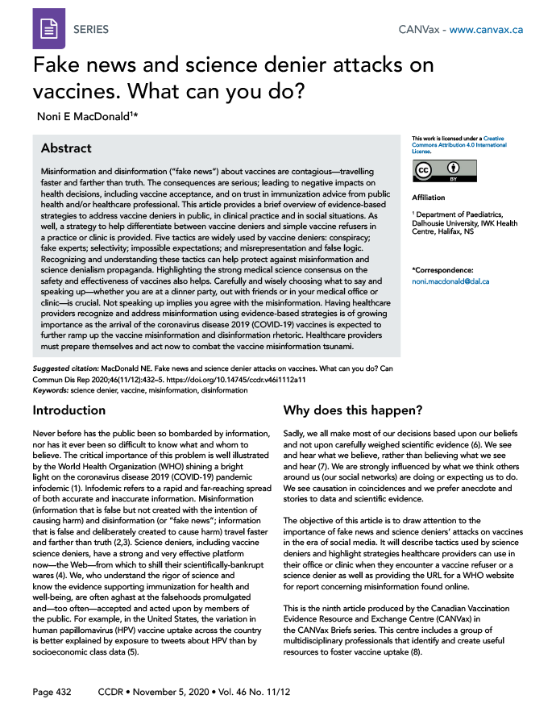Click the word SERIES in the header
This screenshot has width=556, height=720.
(x=91, y=30)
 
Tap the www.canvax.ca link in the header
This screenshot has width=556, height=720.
(x=487, y=30)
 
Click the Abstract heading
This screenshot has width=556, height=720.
(x=66, y=149)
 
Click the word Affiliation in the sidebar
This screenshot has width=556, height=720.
(x=428, y=198)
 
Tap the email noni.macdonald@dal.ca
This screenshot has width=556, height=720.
(x=450, y=281)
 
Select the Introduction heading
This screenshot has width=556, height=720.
(x=69, y=410)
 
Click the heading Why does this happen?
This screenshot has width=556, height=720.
(x=353, y=410)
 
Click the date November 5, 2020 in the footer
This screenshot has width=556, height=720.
(x=172, y=693)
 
